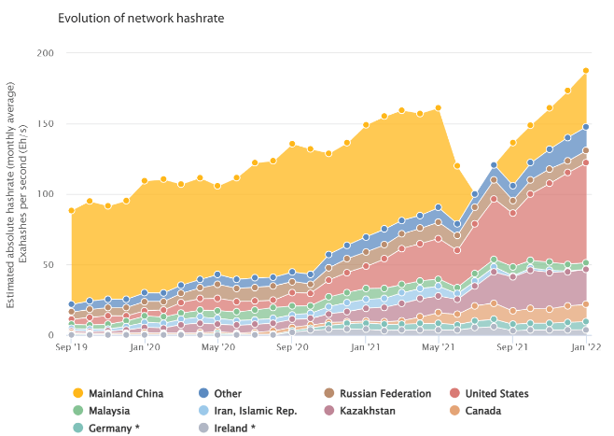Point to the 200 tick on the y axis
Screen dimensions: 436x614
tap(45, 53)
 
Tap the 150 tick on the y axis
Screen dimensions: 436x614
tap(45, 124)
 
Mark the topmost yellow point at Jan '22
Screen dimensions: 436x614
tap(586, 70)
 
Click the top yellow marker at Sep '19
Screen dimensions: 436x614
tap(71, 210)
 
